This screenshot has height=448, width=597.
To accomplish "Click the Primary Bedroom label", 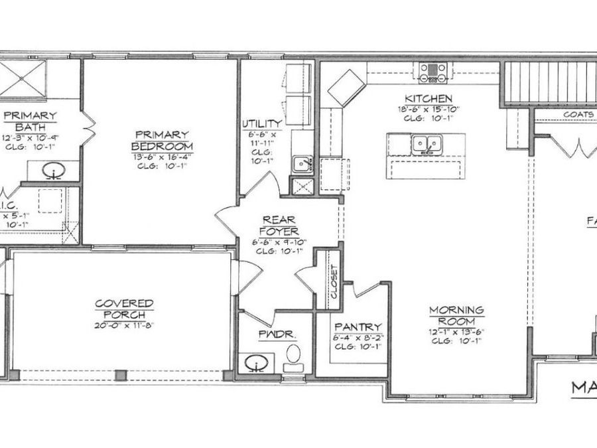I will (162, 140).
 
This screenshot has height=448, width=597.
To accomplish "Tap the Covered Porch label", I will (124, 309).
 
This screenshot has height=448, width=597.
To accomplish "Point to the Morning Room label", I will (456, 315).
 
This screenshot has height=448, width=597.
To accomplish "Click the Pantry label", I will (358, 327).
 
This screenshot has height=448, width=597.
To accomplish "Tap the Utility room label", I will (262, 123).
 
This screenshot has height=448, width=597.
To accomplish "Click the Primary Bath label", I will (31, 121).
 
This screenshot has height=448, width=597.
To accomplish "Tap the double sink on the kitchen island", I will (427, 143).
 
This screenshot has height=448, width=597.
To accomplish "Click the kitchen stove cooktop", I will (432, 70).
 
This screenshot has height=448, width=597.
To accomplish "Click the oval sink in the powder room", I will (256, 363).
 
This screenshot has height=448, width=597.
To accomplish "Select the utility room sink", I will (302, 164).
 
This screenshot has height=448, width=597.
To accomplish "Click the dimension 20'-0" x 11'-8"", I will (124, 325).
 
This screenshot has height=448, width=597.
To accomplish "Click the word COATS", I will (574, 114).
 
